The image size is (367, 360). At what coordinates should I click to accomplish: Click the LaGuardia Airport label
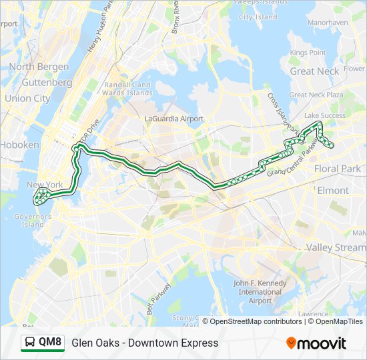click(x=173, y=118)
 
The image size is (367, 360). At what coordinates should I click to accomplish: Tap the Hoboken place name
click(x=19, y=145)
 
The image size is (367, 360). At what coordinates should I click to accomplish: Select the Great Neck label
click(x=314, y=71)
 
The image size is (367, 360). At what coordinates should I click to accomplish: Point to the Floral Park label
click(x=337, y=169)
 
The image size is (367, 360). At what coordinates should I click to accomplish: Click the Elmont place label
click(x=332, y=190)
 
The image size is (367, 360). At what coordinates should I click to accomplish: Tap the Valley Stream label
click(x=336, y=247)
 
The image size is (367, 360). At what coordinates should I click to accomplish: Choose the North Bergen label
click(x=39, y=67)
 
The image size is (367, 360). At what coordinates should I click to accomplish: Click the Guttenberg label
click(x=47, y=83)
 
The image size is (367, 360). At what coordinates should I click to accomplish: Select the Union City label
click(x=27, y=98)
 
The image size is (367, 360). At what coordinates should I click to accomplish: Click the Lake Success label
click(x=325, y=115)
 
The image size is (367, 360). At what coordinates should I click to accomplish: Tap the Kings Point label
click(x=308, y=53)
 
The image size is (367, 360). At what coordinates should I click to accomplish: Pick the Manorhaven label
click(x=328, y=22)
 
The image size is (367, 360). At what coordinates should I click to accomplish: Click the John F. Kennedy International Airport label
click(x=260, y=292)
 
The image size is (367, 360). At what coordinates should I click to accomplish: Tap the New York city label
click(x=44, y=185)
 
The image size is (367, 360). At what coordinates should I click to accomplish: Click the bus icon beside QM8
click(x=30, y=343)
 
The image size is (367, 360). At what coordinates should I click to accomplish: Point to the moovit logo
click(x=316, y=343)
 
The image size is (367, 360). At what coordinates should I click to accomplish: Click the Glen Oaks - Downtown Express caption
click(x=145, y=343)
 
